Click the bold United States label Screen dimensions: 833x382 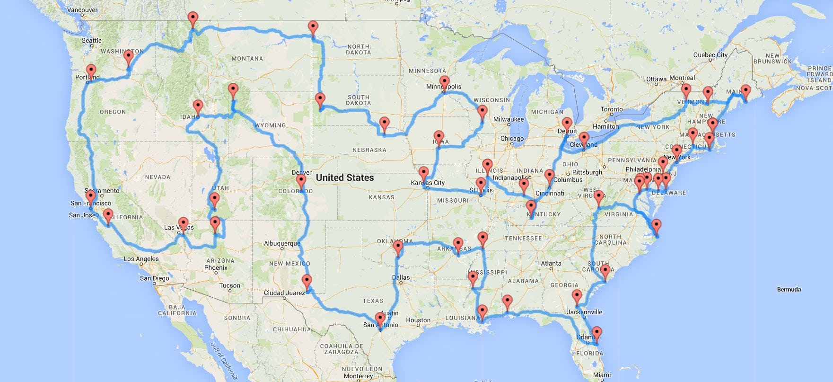344,178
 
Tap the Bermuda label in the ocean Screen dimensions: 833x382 789,289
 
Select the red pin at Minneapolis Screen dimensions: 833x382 444,81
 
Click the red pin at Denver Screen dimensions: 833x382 301,181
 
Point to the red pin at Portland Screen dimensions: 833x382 91,71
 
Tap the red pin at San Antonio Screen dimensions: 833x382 380,319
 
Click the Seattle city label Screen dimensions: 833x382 92,41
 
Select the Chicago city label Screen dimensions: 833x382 512,139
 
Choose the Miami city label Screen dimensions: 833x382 602,375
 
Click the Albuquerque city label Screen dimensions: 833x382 282,244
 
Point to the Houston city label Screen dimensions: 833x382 418,320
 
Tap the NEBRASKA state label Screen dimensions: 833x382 369,150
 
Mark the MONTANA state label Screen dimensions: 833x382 247,59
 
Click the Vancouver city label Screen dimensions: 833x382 83,9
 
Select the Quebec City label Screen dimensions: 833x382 710,55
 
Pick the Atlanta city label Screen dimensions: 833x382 551,263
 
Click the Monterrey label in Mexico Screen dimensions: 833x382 359,376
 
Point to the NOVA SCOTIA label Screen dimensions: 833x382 814,88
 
